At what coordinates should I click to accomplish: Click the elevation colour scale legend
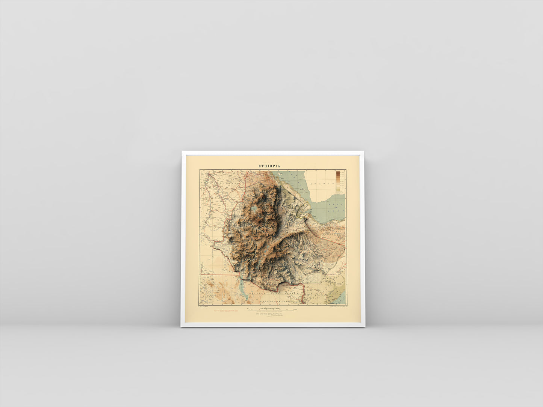pos(338,182)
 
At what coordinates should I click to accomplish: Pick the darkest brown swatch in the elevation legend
pos(338,173)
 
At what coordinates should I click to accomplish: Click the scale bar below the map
pos(270,310)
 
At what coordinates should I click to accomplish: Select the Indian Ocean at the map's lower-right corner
pos(340,298)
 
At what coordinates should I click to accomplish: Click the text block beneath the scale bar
pos(270,315)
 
